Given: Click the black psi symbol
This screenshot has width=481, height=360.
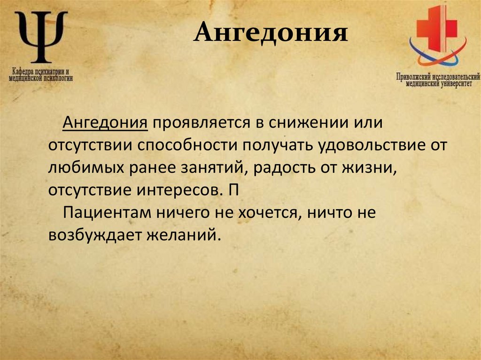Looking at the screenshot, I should tap(41, 38).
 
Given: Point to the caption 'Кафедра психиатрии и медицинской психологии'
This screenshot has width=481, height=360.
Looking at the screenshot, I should tap(41, 76).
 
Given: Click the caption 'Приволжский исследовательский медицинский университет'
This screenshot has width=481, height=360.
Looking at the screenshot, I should tap(438, 80).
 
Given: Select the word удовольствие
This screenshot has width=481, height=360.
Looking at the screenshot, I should tap(358, 146).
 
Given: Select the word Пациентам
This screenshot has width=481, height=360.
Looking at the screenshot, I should tap(106, 212).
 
